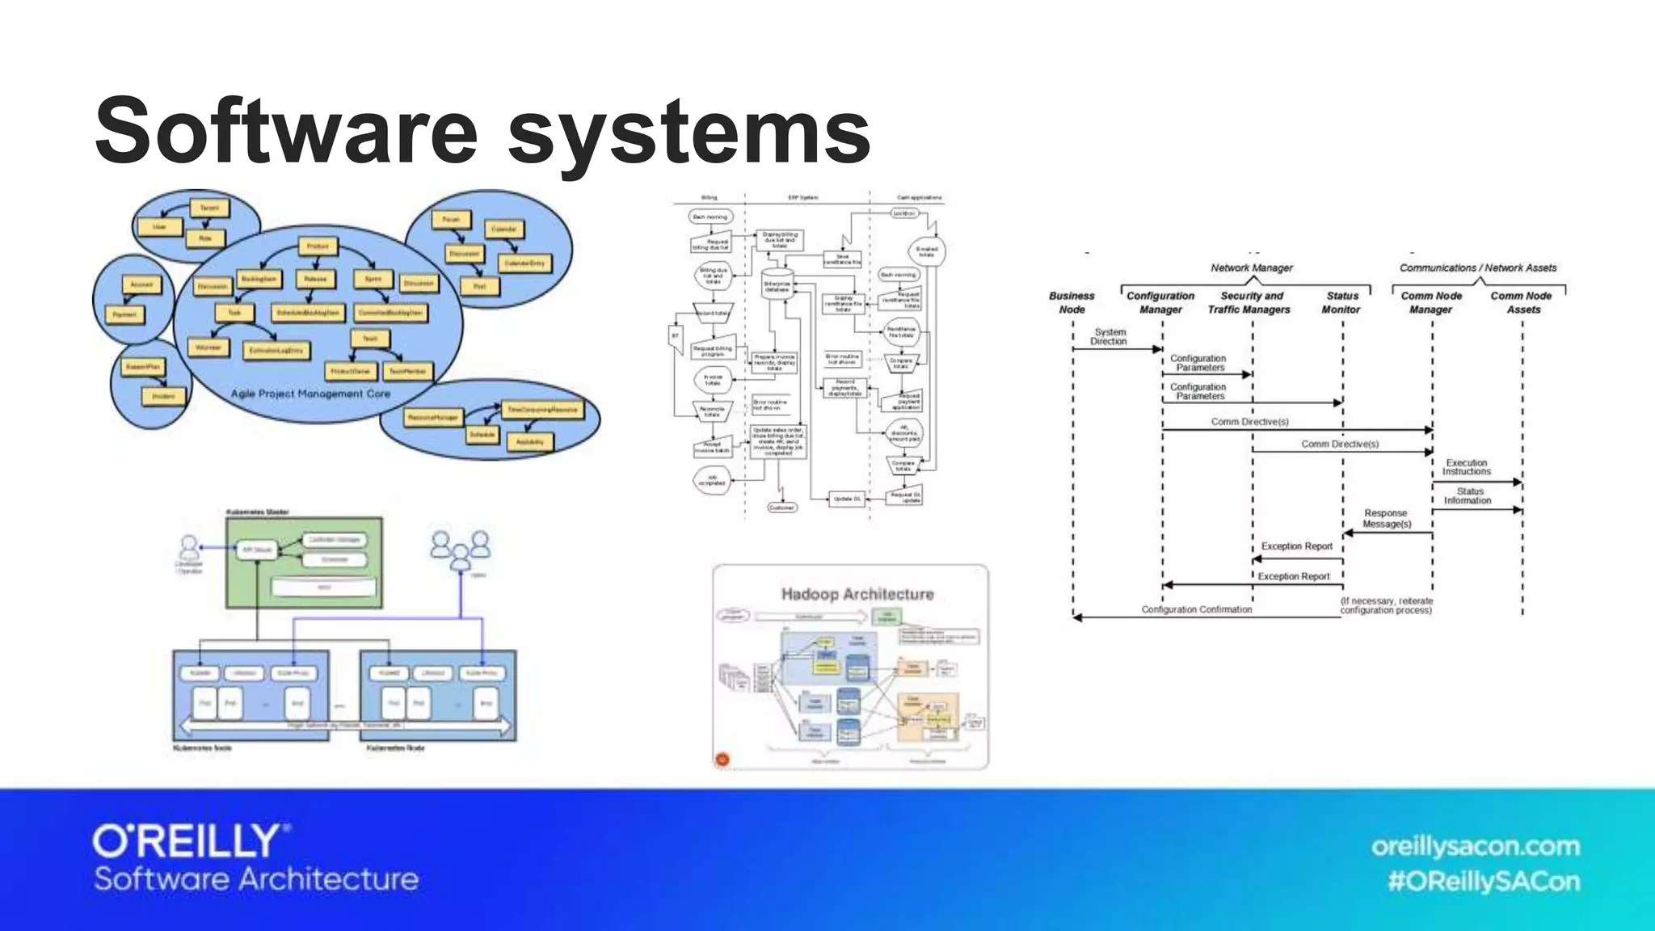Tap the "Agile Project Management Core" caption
tap(310, 394)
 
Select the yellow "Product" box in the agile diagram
tap(318, 246)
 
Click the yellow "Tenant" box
tap(209, 208)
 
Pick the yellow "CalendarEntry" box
tap(524, 263)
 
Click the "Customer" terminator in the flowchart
tap(781, 508)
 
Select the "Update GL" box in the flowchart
tap(846, 499)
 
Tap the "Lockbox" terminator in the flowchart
tap(903, 213)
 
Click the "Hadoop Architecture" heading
tap(857, 594)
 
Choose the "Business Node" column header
tap(1072, 302)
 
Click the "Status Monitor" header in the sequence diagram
tap(1341, 302)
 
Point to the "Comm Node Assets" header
tap(1522, 302)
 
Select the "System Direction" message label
tap(1109, 337)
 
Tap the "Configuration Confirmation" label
tap(1196, 609)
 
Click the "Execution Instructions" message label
tap(1467, 467)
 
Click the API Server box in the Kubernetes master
tap(257, 550)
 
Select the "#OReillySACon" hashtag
tap(1483, 881)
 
